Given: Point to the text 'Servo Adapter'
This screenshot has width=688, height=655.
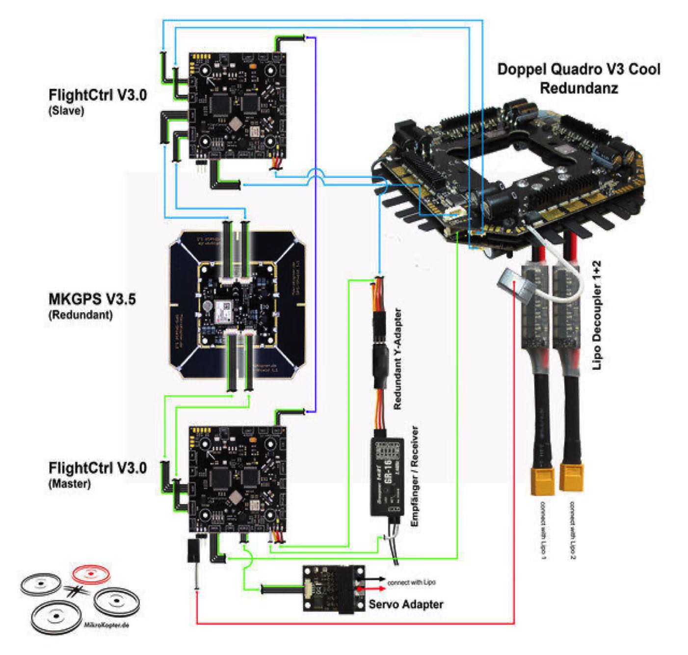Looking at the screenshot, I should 406,604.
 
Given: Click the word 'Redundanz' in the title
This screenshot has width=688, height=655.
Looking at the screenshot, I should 579,88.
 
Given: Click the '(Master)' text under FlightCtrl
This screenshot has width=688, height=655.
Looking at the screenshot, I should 70,484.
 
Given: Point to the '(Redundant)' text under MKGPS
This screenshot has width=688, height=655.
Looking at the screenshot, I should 80,315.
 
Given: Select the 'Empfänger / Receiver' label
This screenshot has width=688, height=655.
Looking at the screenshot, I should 415,476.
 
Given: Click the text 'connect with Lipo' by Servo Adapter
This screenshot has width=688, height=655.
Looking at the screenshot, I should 411,583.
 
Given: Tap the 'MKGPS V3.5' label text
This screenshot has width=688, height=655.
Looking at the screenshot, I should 92,299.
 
